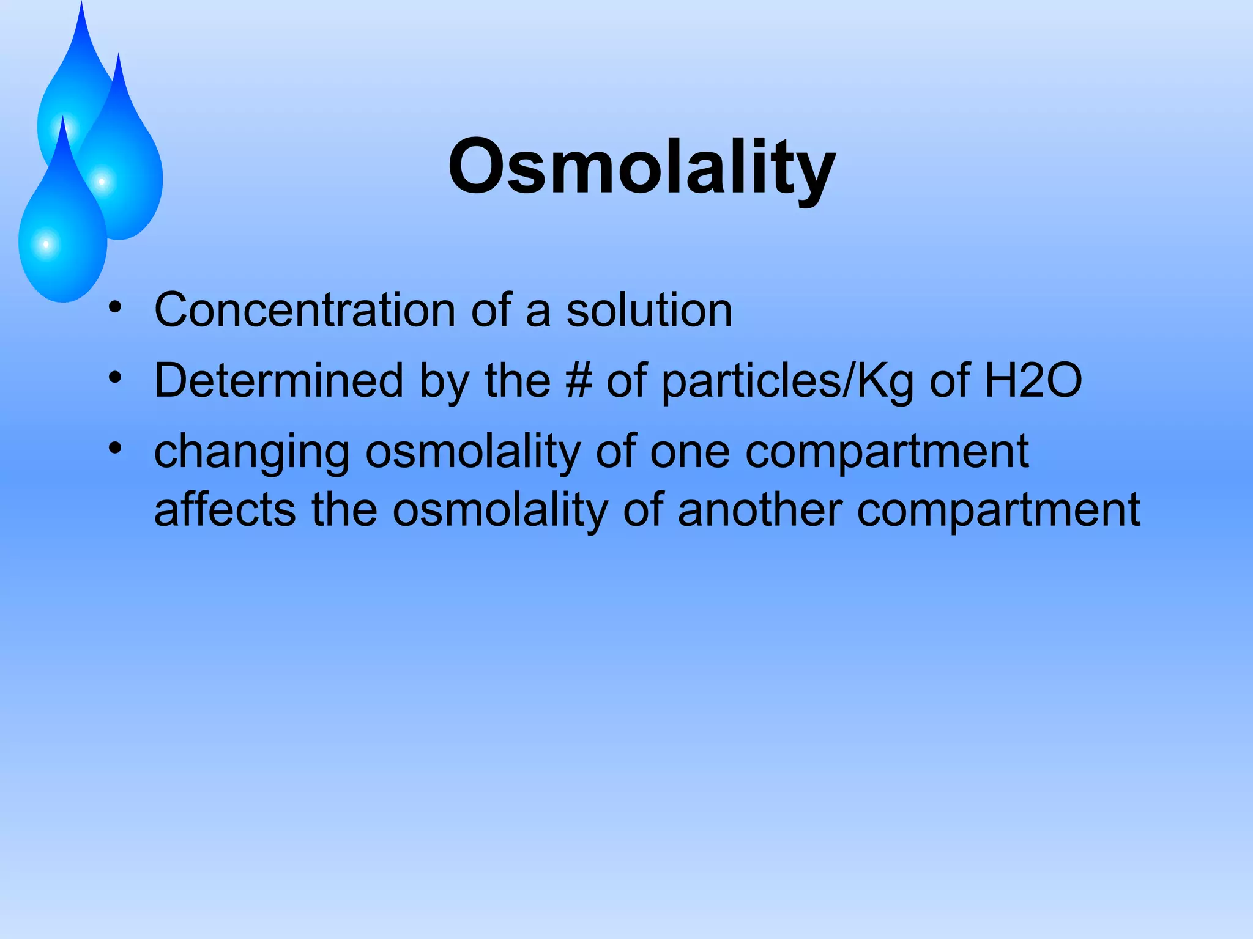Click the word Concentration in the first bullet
click(x=304, y=310)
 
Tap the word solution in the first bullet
click(x=649, y=310)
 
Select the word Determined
click(x=278, y=381)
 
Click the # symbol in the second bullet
click(x=578, y=381)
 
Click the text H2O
click(x=1033, y=381)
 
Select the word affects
click(x=225, y=509)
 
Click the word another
click(x=759, y=509)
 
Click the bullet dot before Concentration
click(x=115, y=307)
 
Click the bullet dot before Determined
click(x=115, y=378)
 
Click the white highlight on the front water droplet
click(x=46, y=245)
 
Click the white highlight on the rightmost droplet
click(x=102, y=182)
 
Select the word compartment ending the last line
click(x=998, y=510)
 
